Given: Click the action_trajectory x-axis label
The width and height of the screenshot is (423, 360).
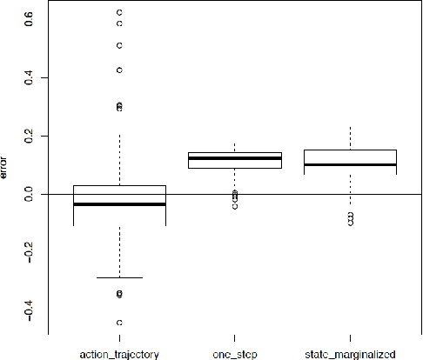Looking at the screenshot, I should coord(119,353).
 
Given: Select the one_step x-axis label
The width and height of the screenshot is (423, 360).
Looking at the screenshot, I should coord(235,353).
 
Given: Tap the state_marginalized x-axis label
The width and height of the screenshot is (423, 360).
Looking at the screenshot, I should coord(351,353).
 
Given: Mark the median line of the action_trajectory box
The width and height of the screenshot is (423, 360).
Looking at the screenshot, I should coord(119,204).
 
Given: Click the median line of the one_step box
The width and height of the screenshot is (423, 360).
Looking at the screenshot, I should coord(235,158).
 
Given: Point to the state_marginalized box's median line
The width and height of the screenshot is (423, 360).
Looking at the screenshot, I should coord(351,164).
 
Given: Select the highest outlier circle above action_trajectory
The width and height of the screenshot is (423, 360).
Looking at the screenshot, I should coord(119,12).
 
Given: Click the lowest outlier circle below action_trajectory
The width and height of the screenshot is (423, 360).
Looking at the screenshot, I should coord(119,323).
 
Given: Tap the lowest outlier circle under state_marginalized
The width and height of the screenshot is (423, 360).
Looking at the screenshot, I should coord(351,223).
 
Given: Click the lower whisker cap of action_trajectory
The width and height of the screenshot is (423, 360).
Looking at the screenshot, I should coord(119,277).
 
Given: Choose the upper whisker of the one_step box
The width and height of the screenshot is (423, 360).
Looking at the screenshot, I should coord(235,148).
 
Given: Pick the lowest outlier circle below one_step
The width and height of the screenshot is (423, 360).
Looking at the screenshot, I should coord(235,206).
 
